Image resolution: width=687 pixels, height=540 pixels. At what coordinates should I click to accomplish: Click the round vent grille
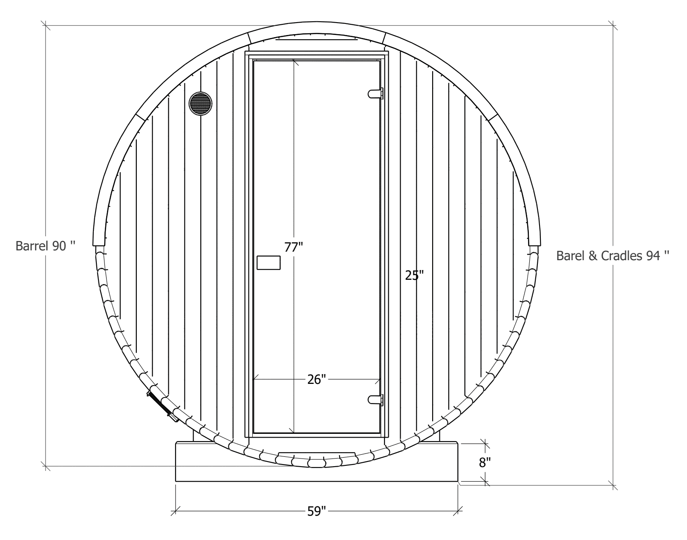[x=200, y=104]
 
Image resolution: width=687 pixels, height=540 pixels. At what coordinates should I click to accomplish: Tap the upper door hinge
[x=375, y=94]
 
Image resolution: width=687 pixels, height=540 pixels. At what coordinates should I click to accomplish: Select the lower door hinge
[x=375, y=400]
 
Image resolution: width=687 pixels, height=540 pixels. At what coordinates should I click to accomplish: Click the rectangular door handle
[x=268, y=263]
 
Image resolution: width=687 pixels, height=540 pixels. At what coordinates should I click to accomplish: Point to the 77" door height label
[x=293, y=247]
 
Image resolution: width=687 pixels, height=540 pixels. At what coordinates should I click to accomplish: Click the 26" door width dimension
[x=317, y=379]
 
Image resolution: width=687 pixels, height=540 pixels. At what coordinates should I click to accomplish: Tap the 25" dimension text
[x=414, y=275]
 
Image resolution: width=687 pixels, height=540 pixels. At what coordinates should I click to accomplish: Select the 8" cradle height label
[x=485, y=462]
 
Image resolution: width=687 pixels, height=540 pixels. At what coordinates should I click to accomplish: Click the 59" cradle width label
[x=317, y=511]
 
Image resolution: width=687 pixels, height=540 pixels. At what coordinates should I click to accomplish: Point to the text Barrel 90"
[x=46, y=246]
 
